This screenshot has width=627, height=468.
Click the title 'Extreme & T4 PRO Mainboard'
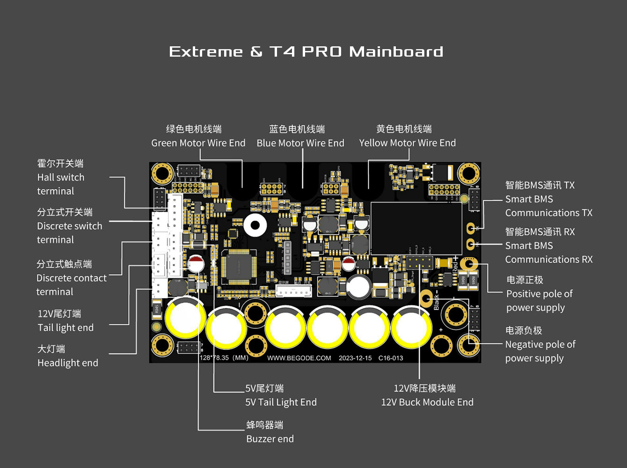click(x=306, y=51)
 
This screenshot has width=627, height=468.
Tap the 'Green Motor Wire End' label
click(x=198, y=143)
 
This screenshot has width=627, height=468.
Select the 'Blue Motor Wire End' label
click(x=300, y=143)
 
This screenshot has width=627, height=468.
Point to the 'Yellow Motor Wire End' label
click(x=407, y=143)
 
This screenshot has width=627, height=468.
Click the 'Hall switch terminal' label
click(x=61, y=184)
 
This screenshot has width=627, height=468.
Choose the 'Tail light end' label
click(x=66, y=328)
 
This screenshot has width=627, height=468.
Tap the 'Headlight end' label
click(x=68, y=363)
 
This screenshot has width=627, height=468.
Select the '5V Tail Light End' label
click(x=281, y=402)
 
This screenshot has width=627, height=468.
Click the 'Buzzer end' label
click(x=270, y=439)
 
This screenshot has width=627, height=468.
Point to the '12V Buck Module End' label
click(x=427, y=402)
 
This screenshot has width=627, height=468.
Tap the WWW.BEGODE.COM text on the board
click(x=299, y=358)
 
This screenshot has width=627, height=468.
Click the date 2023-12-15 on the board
click(x=355, y=358)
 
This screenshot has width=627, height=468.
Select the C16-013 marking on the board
click(x=391, y=358)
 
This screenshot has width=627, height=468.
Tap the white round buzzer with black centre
click(x=255, y=226)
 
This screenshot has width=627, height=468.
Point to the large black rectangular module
click(x=416, y=228)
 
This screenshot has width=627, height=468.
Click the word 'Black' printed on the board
click(x=437, y=302)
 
